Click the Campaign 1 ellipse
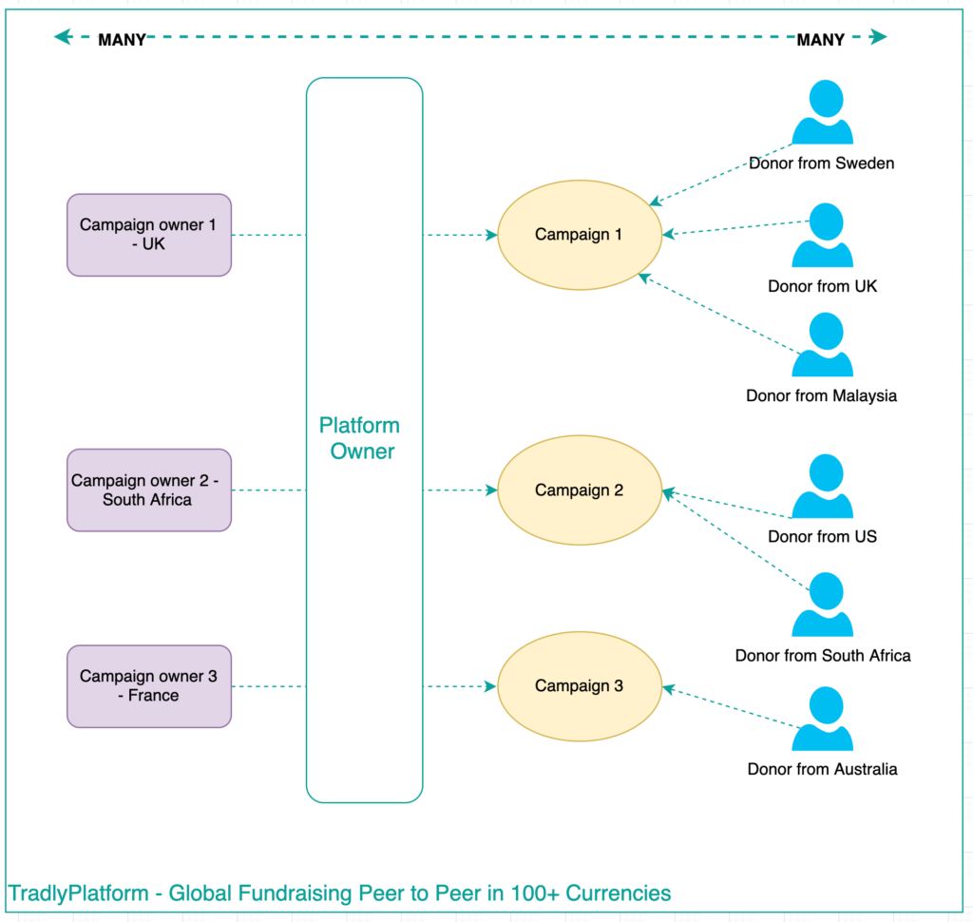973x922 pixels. tap(578, 235)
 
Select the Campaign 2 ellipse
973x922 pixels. tap(578, 490)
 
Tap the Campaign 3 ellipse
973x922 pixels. tap(578, 686)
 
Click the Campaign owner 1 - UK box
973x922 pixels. tap(149, 235)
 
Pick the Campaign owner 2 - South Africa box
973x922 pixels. tap(149, 490)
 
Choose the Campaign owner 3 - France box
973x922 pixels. tap(149, 686)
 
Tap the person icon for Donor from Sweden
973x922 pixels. tap(823, 113)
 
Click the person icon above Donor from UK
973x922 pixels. tap(823, 236)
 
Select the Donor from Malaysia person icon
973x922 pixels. tap(823, 346)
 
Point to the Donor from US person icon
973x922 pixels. tap(823, 488)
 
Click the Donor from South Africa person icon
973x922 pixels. tap(823, 605)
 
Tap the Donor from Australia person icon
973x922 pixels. tap(823, 720)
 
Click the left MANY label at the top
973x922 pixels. tap(122, 40)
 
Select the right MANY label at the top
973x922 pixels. tap(820, 40)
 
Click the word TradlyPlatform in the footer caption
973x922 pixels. tap(79, 893)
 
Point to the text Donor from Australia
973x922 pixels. tap(822, 769)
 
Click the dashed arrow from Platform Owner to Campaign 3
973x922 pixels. tap(460, 686)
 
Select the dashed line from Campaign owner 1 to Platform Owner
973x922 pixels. tap(268, 235)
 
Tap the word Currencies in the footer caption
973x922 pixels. tap(621, 893)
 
